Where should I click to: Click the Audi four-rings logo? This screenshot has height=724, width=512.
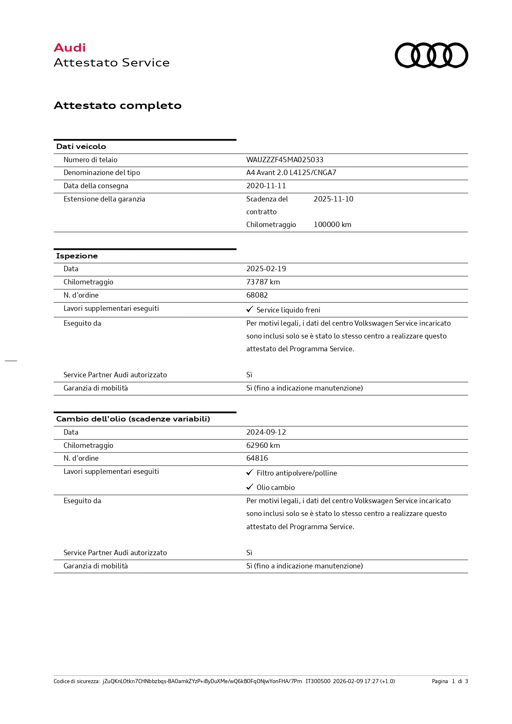tap(431, 55)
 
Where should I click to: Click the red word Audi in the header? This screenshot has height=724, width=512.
tap(70, 48)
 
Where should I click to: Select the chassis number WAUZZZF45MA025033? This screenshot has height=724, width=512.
tap(285, 160)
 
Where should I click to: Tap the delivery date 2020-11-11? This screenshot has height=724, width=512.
tap(266, 186)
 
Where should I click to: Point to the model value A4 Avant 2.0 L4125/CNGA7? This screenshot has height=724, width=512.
tap(291, 173)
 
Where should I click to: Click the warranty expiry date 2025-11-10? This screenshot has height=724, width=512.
tap(333, 199)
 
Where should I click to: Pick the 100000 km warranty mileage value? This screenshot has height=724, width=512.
tap(332, 225)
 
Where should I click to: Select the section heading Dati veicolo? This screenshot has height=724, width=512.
tap(81, 147)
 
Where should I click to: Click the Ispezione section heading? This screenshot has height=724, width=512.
tap(77, 256)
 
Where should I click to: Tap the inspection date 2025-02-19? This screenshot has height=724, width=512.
tap(266, 269)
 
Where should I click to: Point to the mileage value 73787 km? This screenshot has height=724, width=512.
tap(263, 282)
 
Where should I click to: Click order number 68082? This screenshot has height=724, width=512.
tap(257, 295)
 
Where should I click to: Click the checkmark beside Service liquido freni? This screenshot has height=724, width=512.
tap(250, 309)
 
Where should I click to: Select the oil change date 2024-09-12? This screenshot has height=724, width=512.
tap(266, 432)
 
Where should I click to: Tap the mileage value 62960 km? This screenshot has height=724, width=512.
tap(263, 445)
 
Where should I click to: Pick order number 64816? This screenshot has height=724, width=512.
tap(257, 458)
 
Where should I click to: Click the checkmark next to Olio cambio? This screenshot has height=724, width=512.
tap(250, 487)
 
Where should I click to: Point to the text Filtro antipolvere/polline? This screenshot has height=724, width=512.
tap(297, 473)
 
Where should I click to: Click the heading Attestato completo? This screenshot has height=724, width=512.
tap(118, 106)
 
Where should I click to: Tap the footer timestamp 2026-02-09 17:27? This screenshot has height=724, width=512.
tap(356, 681)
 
